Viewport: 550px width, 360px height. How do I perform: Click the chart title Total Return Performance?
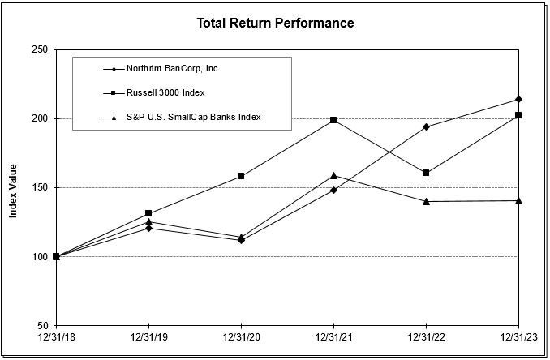pyautogui.click(x=275, y=23)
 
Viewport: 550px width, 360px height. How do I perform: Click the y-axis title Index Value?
pyautogui.click(x=14, y=187)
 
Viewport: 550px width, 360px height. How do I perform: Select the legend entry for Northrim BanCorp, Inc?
pyautogui.click(x=173, y=68)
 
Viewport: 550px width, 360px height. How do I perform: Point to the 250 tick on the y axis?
pyautogui.click(x=39, y=50)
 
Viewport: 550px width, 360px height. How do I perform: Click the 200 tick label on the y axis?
pyautogui.click(x=39, y=119)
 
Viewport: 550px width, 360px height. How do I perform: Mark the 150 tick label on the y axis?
pyautogui.click(x=39, y=188)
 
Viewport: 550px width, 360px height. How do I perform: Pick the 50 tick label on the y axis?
pyautogui.click(x=41, y=326)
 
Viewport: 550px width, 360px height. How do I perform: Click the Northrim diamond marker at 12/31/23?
pyautogui.click(x=518, y=100)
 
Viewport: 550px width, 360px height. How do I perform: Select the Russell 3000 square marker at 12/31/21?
pyautogui.click(x=333, y=120)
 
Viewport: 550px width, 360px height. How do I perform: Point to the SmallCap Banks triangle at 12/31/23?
pyautogui.click(x=518, y=200)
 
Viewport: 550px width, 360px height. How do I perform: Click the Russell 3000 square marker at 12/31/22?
pyautogui.click(x=426, y=173)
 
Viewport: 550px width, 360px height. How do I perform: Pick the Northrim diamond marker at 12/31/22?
pyautogui.click(x=426, y=126)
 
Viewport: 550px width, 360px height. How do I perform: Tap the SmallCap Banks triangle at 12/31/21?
pyautogui.click(x=333, y=175)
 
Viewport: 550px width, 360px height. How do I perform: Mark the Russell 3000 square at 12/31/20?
pyautogui.click(x=241, y=176)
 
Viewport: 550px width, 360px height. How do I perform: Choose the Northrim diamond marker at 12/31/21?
pyautogui.click(x=333, y=190)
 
